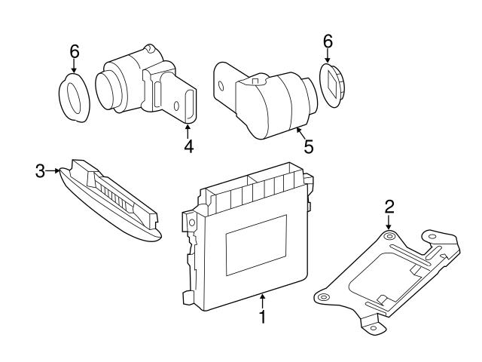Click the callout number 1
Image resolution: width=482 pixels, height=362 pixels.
point(262,318)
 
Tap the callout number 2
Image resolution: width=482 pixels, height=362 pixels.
point(389,206)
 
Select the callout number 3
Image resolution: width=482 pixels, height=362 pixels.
point(40,171)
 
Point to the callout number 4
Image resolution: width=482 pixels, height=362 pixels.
point(188,146)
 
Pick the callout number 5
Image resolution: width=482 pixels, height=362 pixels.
point(308,146)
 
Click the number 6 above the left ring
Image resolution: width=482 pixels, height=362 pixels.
point(74,51)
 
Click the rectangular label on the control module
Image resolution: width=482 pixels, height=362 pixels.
point(256,244)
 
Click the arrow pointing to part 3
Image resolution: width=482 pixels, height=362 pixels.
point(55,171)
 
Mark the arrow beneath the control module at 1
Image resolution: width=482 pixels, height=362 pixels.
point(262,300)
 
